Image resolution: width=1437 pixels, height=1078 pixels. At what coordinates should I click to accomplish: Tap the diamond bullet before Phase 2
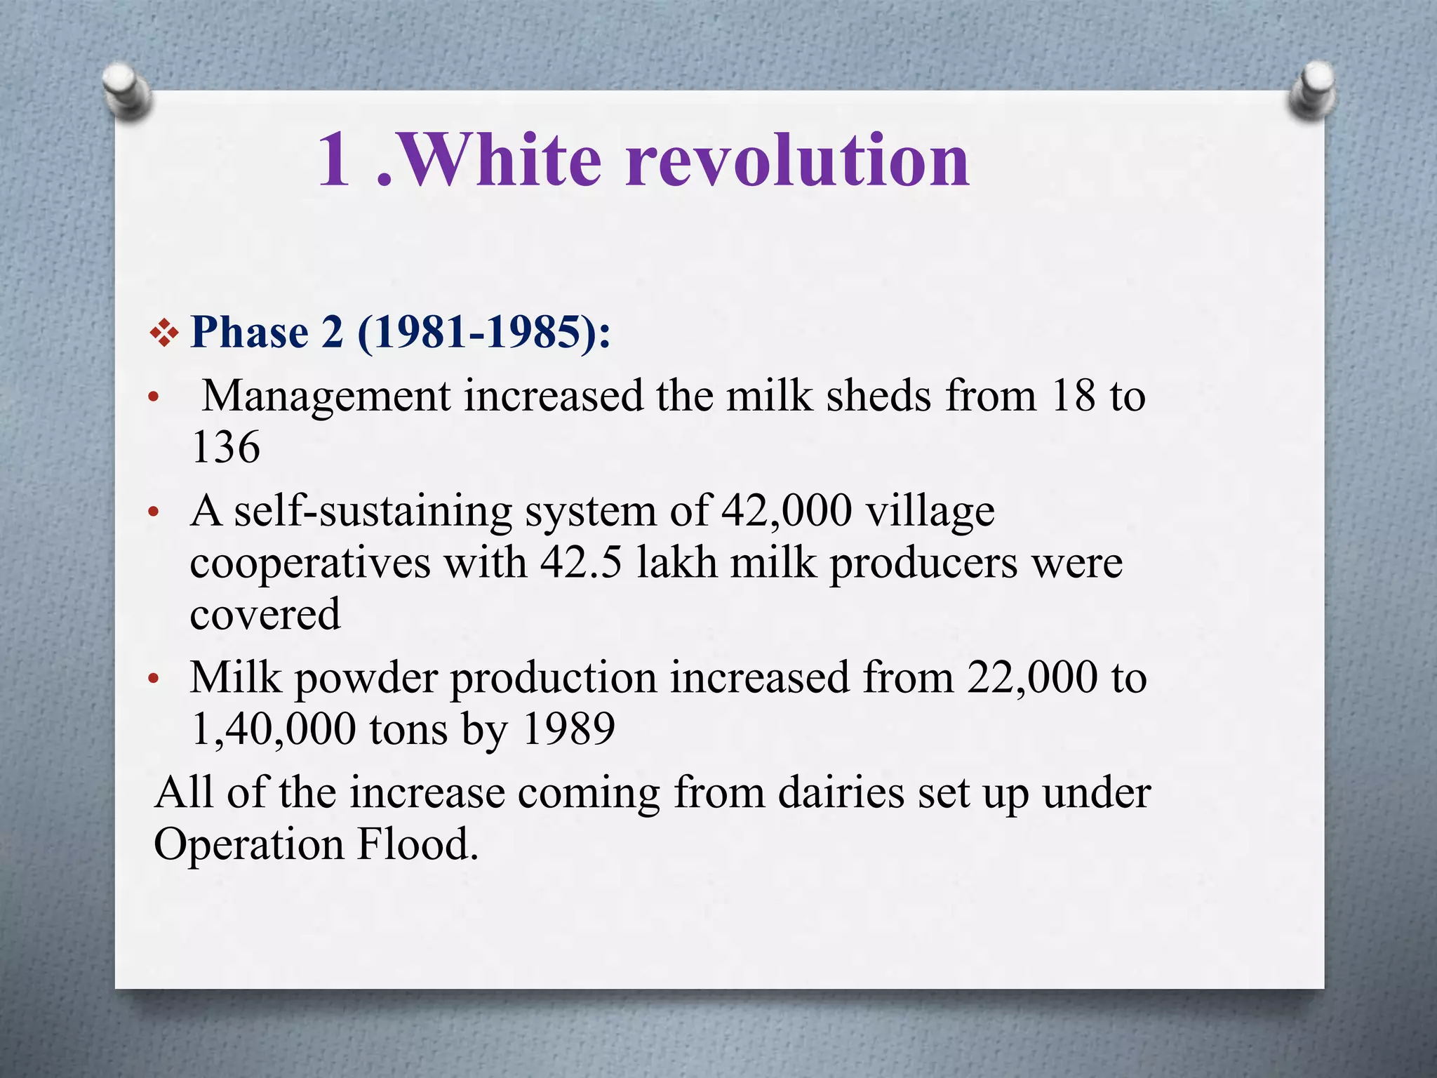point(164,333)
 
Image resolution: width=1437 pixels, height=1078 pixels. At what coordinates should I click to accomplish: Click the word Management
point(326,397)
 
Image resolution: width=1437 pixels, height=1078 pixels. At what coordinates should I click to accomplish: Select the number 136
point(225,447)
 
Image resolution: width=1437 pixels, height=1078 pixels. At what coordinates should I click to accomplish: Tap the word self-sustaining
point(373,511)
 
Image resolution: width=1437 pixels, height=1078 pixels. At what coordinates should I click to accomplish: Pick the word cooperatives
point(309,563)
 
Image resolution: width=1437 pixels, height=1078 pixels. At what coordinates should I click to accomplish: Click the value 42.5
point(581,563)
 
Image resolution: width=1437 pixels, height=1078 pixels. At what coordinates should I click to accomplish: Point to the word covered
point(265,614)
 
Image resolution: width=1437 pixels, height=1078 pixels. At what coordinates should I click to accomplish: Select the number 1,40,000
point(274,729)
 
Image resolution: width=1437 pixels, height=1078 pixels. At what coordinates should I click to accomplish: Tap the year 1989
point(569,729)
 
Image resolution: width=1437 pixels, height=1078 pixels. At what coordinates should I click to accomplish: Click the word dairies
point(841,793)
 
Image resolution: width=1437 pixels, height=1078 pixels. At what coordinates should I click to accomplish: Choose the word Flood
point(417,844)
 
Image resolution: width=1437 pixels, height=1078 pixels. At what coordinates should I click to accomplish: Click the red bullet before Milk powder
point(154,679)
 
